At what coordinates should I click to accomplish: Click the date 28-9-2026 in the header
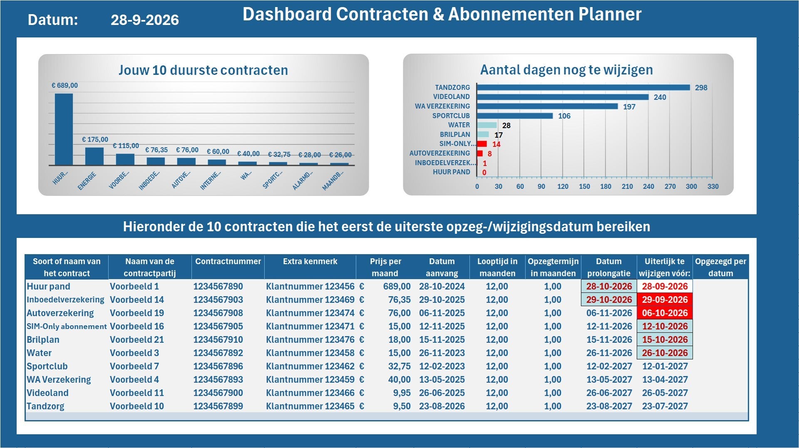click(x=144, y=20)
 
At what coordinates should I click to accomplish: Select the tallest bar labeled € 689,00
click(x=64, y=129)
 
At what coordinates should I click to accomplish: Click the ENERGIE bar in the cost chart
click(x=94, y=156)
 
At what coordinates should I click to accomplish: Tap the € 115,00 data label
click(x=126, y=146)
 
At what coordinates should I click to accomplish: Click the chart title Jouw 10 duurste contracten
click(x=203, y=70)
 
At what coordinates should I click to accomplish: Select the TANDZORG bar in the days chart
click(x=583, y=87)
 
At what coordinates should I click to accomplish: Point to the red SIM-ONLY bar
click(x=482, y=144)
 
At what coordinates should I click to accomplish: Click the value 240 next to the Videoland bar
click(x=660, y=97)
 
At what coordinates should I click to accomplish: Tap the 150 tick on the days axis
click(x=584, y=186)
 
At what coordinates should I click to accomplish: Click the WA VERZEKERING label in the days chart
click(x=442, y=106)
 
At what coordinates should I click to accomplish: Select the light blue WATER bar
click(x=487, y=125)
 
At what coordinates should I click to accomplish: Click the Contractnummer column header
click(x=228, y=261)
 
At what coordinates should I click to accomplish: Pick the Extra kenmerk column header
click(x=310, y=261)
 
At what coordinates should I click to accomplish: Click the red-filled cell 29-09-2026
click(x=665, y=299)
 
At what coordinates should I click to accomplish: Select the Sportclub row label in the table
click(x=47, y=366)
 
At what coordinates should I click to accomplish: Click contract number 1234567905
click(x=218, y=326)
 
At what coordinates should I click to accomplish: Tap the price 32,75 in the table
click(x=399, y=366)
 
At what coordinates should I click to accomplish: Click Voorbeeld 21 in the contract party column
click(x=137, y=339)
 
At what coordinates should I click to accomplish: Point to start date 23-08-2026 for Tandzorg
click(x=442, y=406)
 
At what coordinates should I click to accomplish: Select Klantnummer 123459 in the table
click(x=310, y=379)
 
